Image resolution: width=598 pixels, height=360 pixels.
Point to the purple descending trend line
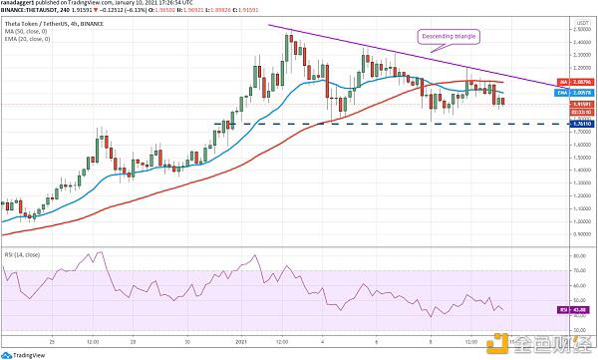[399, 55]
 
